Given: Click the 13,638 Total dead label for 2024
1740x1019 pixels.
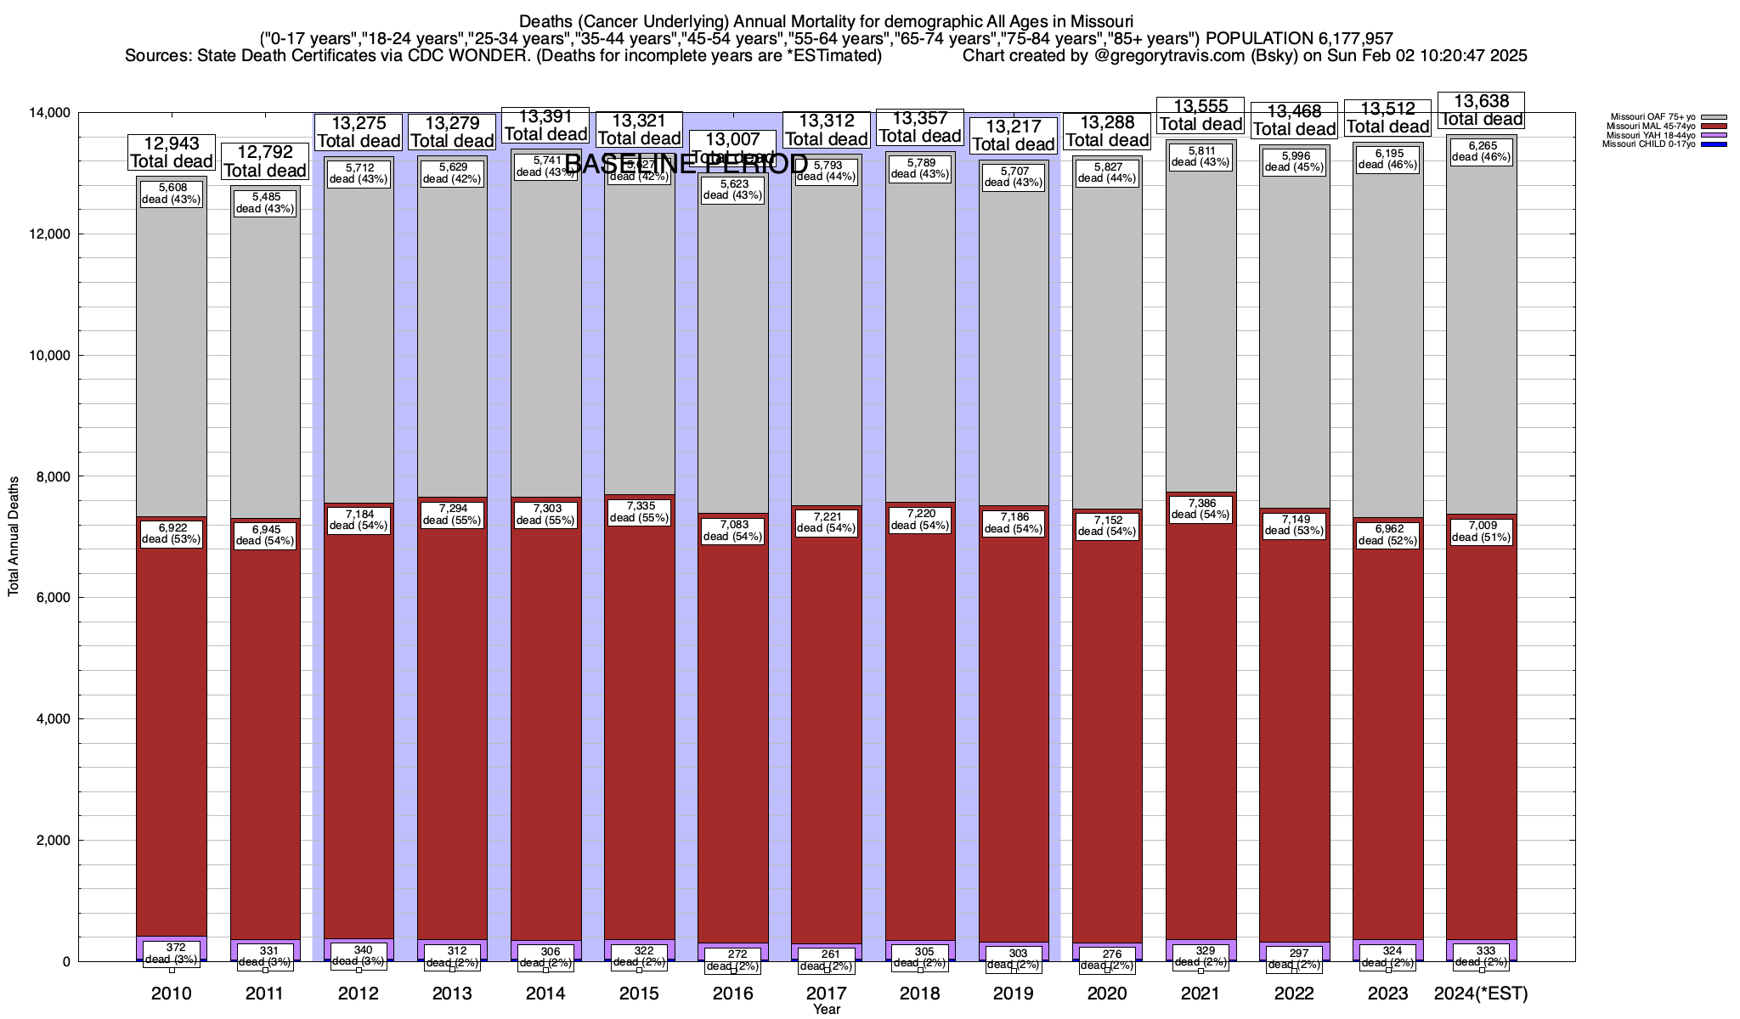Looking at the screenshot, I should [1481, 111].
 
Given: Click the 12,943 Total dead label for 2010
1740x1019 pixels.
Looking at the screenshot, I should [171, 153].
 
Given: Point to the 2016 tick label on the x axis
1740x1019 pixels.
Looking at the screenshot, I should [732, 993].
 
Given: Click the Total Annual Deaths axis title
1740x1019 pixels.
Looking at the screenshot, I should [14, 536].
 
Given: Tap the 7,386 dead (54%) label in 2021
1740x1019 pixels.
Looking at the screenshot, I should [1200, 508].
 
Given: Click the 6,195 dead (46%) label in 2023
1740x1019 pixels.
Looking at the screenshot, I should [1388, 159].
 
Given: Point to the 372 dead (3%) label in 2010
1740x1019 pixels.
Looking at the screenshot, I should [171, 953].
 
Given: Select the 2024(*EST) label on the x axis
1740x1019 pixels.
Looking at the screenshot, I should [1481, 993].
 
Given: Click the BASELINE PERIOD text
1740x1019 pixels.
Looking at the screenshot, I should [686, 164].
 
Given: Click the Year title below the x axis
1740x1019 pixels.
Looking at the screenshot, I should [826, 1009].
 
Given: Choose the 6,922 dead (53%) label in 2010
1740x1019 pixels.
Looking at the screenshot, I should [171, 533].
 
